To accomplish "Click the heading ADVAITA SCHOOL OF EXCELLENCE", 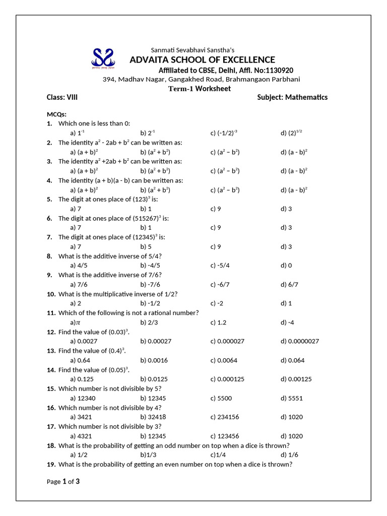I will pyautogui.click(x=202, y=60).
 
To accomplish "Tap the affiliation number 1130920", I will pyautogui.click(x=278, y=70).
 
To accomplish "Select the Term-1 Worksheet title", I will pyautogui.click(x=199, y=89).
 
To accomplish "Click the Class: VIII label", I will pyautogui.click(x=62, y=97).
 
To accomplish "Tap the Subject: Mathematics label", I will pyautogui.click(x=292, y=97).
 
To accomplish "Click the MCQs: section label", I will pyautogui.click(x=57, y=114).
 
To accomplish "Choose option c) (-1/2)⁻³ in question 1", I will pyautogui.click(x=223, y=133).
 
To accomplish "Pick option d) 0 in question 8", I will pyautogui.click(x=286, y=266).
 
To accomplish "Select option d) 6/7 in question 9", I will pyautogui.click(x=289, y=284).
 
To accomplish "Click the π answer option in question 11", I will pyautogui.click(x=76, y=322).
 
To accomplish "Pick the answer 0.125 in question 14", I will pyautogui.click(x=81, y=379).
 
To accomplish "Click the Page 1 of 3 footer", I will pyautogui.click(x=63, y=481).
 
